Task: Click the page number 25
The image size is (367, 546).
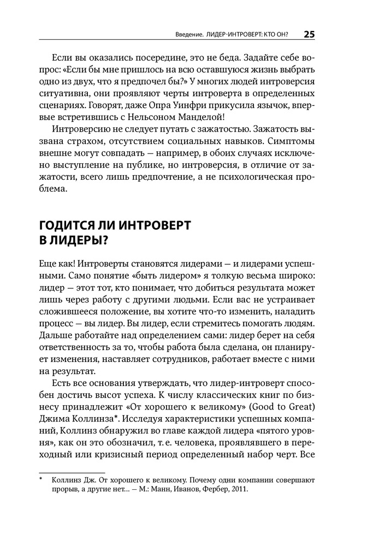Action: [x=309, y=34]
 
